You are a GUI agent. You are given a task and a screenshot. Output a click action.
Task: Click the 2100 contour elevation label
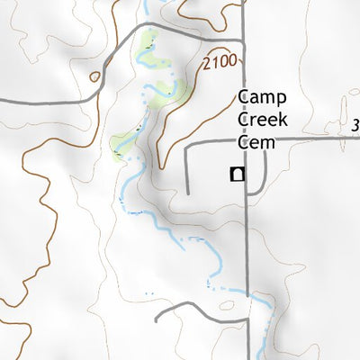221,62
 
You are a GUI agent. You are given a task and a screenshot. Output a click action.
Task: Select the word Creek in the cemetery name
257,120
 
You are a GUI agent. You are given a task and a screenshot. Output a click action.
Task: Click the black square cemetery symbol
237,175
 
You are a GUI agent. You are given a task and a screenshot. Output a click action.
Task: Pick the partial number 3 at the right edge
355,125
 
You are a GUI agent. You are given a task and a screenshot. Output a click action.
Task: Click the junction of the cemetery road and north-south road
247,140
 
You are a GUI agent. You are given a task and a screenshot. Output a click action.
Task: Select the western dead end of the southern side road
157,319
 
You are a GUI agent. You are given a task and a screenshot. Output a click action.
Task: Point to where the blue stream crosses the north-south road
247,293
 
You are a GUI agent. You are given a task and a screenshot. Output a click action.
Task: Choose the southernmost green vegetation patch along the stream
121,144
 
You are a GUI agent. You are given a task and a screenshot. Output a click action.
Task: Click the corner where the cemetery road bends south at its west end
187,144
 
